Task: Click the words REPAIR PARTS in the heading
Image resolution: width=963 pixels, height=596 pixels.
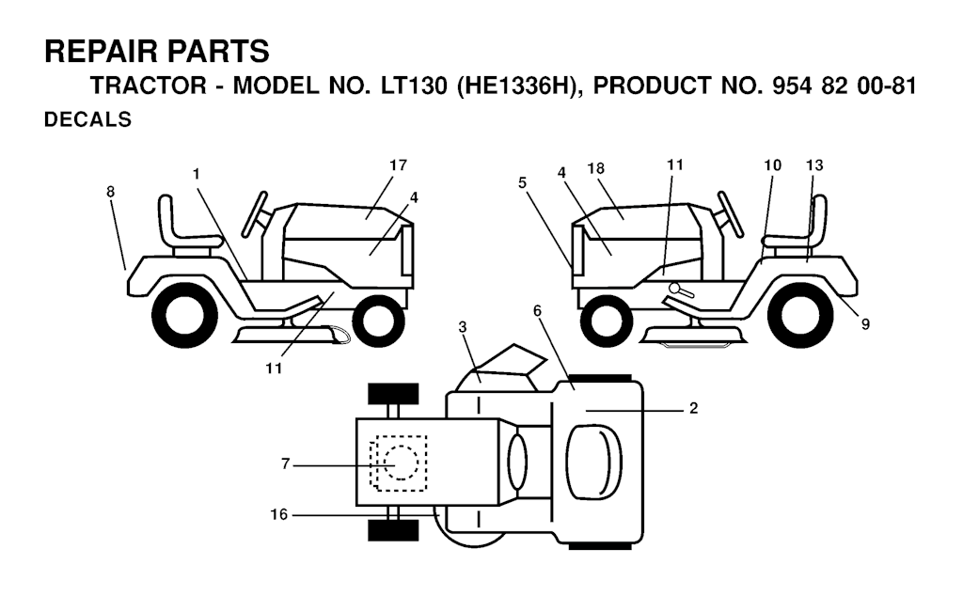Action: coord(157,51)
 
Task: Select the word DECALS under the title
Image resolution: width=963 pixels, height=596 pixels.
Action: coord(87,119)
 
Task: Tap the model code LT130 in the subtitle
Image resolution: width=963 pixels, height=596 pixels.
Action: coord(414,86)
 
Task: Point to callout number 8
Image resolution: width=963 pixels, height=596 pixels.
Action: coord(111,192)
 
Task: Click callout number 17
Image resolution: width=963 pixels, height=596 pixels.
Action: coord(398,165)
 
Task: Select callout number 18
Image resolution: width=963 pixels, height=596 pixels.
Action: coord(595,168)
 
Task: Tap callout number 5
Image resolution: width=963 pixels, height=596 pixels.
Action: coord(522,183)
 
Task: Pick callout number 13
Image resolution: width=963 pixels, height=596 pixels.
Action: coord(814,165)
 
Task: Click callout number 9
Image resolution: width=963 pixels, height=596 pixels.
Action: coord(865,324)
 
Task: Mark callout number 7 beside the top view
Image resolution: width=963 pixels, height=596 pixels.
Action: coord(285,464)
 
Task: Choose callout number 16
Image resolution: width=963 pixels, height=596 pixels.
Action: coord(278,514)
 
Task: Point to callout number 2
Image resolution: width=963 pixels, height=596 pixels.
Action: coord(693,408)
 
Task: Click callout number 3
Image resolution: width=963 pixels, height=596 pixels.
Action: coord(463,327)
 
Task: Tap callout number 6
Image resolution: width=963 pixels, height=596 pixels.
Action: coord(537,311)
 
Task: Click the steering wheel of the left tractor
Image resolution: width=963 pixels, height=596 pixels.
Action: coord(255,214)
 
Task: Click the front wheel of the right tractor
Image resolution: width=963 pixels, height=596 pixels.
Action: coord(606,322)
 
